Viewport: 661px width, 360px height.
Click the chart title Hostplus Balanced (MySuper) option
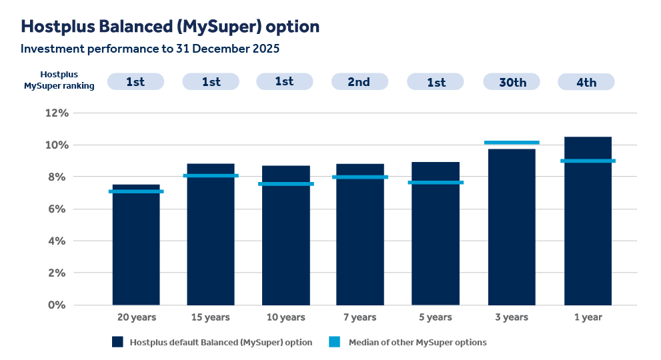click(170, 27)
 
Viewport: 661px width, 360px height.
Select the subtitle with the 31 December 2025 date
click(149, 49)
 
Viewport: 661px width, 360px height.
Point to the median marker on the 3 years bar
click(512, 143)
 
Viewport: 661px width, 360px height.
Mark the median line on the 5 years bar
click(436, 182)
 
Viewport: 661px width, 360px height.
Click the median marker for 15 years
click(211, 175)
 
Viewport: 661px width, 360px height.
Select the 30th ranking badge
click(512, 82)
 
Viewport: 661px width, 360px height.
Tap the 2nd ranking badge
click(360, 82)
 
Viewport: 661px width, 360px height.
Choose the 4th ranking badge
click(586, 82)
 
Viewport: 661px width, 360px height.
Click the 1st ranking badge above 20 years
click(135, 82)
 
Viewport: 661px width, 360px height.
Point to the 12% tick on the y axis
click(57, 113)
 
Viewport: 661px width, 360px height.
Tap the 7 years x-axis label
click(360, 317)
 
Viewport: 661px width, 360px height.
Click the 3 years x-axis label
click(512, 317)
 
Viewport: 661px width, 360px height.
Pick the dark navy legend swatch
click(118, 342)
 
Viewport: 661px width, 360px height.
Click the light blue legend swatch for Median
click(336, 342)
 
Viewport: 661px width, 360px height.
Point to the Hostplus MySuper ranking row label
click(59, 80)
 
